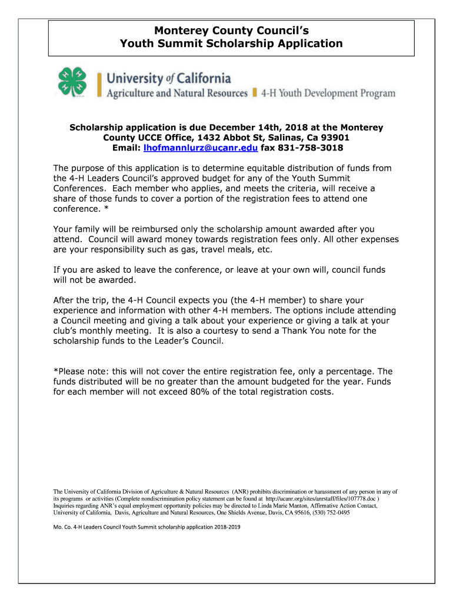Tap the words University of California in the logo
[168, 78]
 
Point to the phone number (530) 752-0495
[328, 513]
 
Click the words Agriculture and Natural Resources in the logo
[176, 93]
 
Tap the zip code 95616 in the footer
[293, 513]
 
